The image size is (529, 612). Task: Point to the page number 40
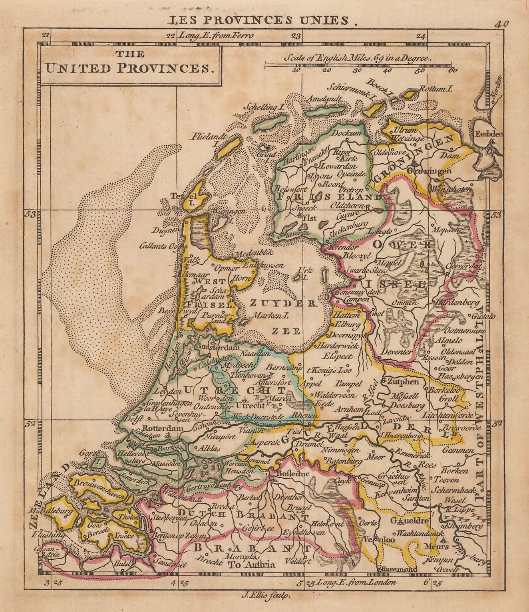(501, 24)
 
